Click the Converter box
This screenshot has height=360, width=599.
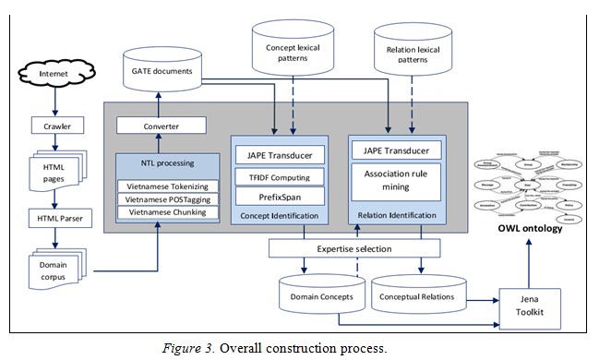click(x=162, y=126)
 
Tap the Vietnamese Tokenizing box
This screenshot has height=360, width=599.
click(x=167, y=186)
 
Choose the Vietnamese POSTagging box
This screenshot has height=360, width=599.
click(x=167, y=199)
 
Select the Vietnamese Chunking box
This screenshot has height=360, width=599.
click(x=167, y=212)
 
